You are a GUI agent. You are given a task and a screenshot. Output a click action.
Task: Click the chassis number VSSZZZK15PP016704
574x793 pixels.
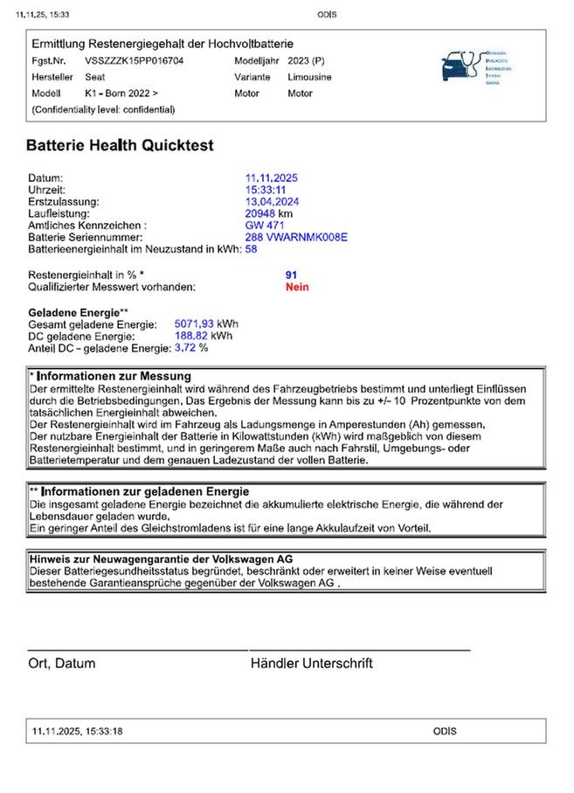[134, 61]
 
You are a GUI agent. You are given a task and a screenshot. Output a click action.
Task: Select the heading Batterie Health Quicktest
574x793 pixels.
[120, 145]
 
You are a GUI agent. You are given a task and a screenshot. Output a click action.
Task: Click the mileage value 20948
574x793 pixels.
[261, 213]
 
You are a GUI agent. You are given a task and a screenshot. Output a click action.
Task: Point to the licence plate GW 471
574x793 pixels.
[266, 225]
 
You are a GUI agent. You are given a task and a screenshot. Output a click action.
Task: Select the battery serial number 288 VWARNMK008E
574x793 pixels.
[296, 237]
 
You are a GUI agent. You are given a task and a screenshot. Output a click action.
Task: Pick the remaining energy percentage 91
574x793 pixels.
[291, 275]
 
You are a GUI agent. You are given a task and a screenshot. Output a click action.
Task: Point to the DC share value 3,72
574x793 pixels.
[185, 347]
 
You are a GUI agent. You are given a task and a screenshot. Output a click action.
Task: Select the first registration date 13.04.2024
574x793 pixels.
[272, 201]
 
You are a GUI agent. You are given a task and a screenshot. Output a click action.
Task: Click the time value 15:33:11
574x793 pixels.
[266, 190]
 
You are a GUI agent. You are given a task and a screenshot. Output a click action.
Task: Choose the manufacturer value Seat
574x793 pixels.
[95, 77]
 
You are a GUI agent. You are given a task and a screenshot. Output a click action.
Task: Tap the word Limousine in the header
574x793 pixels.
[309, 77]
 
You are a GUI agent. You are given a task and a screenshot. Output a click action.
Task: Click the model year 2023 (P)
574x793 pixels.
[306, 61]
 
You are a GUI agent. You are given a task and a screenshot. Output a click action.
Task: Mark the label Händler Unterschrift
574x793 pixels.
[311, 664]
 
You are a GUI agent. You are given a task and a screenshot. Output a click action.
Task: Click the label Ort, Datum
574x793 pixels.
[61, 664]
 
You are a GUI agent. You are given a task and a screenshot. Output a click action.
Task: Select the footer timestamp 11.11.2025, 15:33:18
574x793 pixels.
[77, 731]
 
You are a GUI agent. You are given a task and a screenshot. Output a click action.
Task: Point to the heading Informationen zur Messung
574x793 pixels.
[115, 376]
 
